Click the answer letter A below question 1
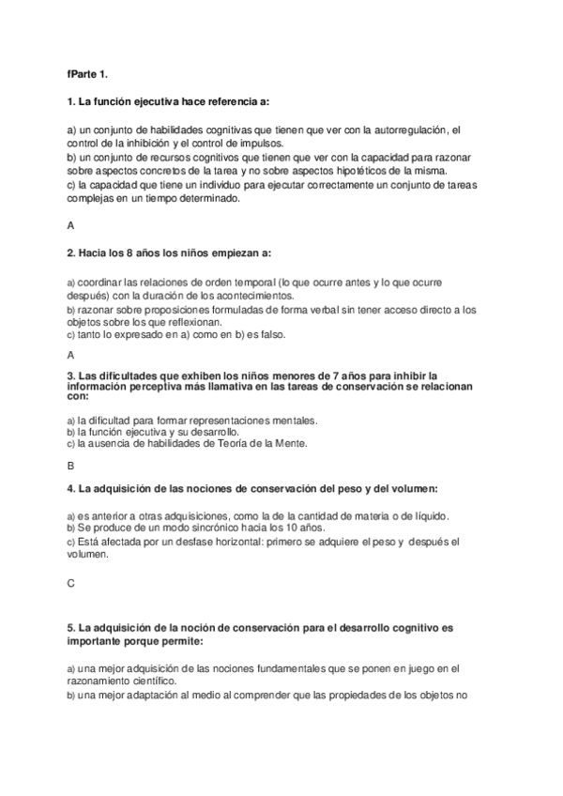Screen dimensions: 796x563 [71, 226]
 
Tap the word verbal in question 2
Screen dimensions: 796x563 [305, 308]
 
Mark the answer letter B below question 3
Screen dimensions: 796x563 [71, 465]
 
